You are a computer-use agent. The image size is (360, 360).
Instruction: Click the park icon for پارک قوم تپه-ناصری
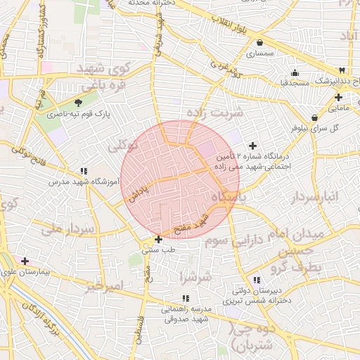click(67, 103)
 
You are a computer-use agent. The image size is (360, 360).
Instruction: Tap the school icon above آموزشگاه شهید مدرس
click(84, 171)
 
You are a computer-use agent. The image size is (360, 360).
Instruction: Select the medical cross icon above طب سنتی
click(158, 239)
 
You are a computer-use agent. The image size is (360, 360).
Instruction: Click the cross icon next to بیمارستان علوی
click(25, 261)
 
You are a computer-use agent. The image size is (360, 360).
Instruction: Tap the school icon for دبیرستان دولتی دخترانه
click(256, 280)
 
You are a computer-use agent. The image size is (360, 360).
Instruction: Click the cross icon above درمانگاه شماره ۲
click(253, 146)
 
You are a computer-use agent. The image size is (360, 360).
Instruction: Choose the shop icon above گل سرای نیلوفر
click(314, 117)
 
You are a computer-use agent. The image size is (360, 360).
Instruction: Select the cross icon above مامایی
click(338, 98)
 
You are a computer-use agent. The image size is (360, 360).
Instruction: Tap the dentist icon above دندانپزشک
click(342, 70)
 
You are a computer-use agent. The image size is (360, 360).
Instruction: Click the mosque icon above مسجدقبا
click(295, 72)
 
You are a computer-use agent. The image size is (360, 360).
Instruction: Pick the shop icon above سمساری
click(259, 43)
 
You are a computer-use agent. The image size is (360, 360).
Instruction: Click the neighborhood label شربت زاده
click(214, 112)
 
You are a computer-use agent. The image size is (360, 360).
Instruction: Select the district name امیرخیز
click(103, 287)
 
